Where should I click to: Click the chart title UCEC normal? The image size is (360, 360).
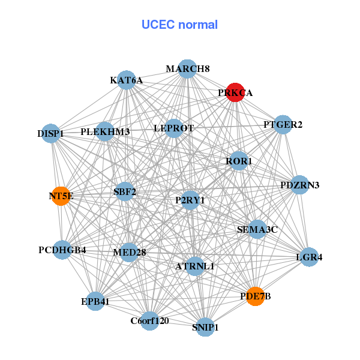pos(179,25)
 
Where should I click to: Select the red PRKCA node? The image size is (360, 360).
pos(235,92)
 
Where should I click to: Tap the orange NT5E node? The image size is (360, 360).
pos(61,196)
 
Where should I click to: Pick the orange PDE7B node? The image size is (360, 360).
pos(256,296)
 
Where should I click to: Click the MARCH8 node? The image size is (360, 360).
pos(188,68)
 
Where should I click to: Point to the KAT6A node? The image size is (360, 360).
pos(126,80)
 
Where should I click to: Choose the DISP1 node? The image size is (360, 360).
pos(52,133)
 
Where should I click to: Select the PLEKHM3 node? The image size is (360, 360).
pos(105,131)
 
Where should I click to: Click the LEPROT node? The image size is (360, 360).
pos(173,128)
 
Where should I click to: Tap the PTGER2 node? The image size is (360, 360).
pos(283,125)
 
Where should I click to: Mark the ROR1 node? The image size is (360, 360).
pos(239,161)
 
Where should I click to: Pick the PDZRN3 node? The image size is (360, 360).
pos(299,185)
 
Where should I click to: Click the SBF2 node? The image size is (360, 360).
pos(125,192)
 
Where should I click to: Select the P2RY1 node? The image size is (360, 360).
pos(190,200)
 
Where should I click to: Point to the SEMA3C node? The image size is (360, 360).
pos(257,229)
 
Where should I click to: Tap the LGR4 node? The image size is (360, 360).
pos(309,257)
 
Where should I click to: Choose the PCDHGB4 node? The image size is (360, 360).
pos(62,250)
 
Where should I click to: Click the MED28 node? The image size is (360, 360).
pos(130,252)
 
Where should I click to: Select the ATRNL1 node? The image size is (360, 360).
pos(194,266)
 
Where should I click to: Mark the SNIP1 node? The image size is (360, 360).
pos(206,327)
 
